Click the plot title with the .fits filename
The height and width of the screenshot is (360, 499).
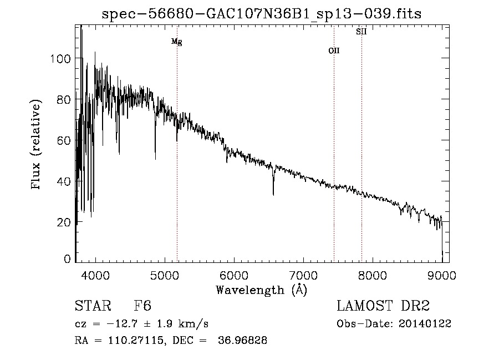pyautogui.click(x=261, y=14)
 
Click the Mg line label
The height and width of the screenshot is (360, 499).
pyautogui.click(x=176, y=42)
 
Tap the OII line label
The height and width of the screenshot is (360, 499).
pyautogui.click(x=334, y=50)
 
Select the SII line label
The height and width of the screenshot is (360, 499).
pyautogui.click(x=361, y=32)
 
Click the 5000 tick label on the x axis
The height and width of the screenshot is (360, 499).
pyautogui.click(x=165, y=275)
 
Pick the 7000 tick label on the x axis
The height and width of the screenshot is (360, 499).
pyautogui.click(x=303, y=275)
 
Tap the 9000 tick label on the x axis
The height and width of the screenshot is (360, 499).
pyautogui.click(x=442, y=275)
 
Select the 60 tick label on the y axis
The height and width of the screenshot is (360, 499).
pyautogui.click(x=63, y=140)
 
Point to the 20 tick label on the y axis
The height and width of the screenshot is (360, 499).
pyautogui.click(x=63, y=222)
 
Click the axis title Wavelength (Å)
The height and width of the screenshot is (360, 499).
pyautogui.click(x=261, y=290)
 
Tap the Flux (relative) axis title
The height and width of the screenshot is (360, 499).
pyautogui.click(x=37, y=145)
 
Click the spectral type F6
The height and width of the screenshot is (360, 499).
pyautogui.click(x=142, y=306)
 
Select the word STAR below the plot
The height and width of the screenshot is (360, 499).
pyautogui.click(x=93, y=306)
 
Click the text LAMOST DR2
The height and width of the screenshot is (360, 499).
pyautogui.click(x=383, y=306)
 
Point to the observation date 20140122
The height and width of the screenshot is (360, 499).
pyautogui.click(x=426, y=324)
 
